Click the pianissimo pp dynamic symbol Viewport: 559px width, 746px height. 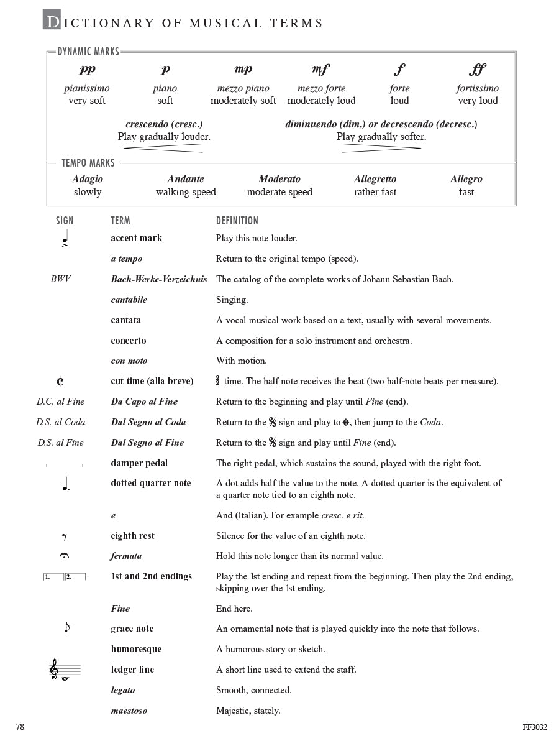[88, 70]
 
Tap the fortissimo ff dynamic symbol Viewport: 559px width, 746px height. [477, 70]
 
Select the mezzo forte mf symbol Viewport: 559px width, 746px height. [321, 70]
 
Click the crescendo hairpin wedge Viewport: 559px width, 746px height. [164, 148]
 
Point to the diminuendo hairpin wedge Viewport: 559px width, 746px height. [381, 148]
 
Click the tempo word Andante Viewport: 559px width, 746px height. [186, 179]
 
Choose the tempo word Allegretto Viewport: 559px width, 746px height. [375, 179]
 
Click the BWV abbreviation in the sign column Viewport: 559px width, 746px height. [61, 279]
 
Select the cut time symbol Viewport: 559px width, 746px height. [60, 381]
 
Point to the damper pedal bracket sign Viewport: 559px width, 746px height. [64, 465]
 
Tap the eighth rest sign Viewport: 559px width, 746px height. [64, 536]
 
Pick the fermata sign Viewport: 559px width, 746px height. [64, 556]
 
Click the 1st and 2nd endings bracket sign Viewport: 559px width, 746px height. [64, 577]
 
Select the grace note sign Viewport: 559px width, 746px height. [66, 628]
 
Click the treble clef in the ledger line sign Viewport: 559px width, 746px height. [55, 670]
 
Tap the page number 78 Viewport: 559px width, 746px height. [20, 727]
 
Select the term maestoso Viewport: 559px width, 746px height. [129, 711]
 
